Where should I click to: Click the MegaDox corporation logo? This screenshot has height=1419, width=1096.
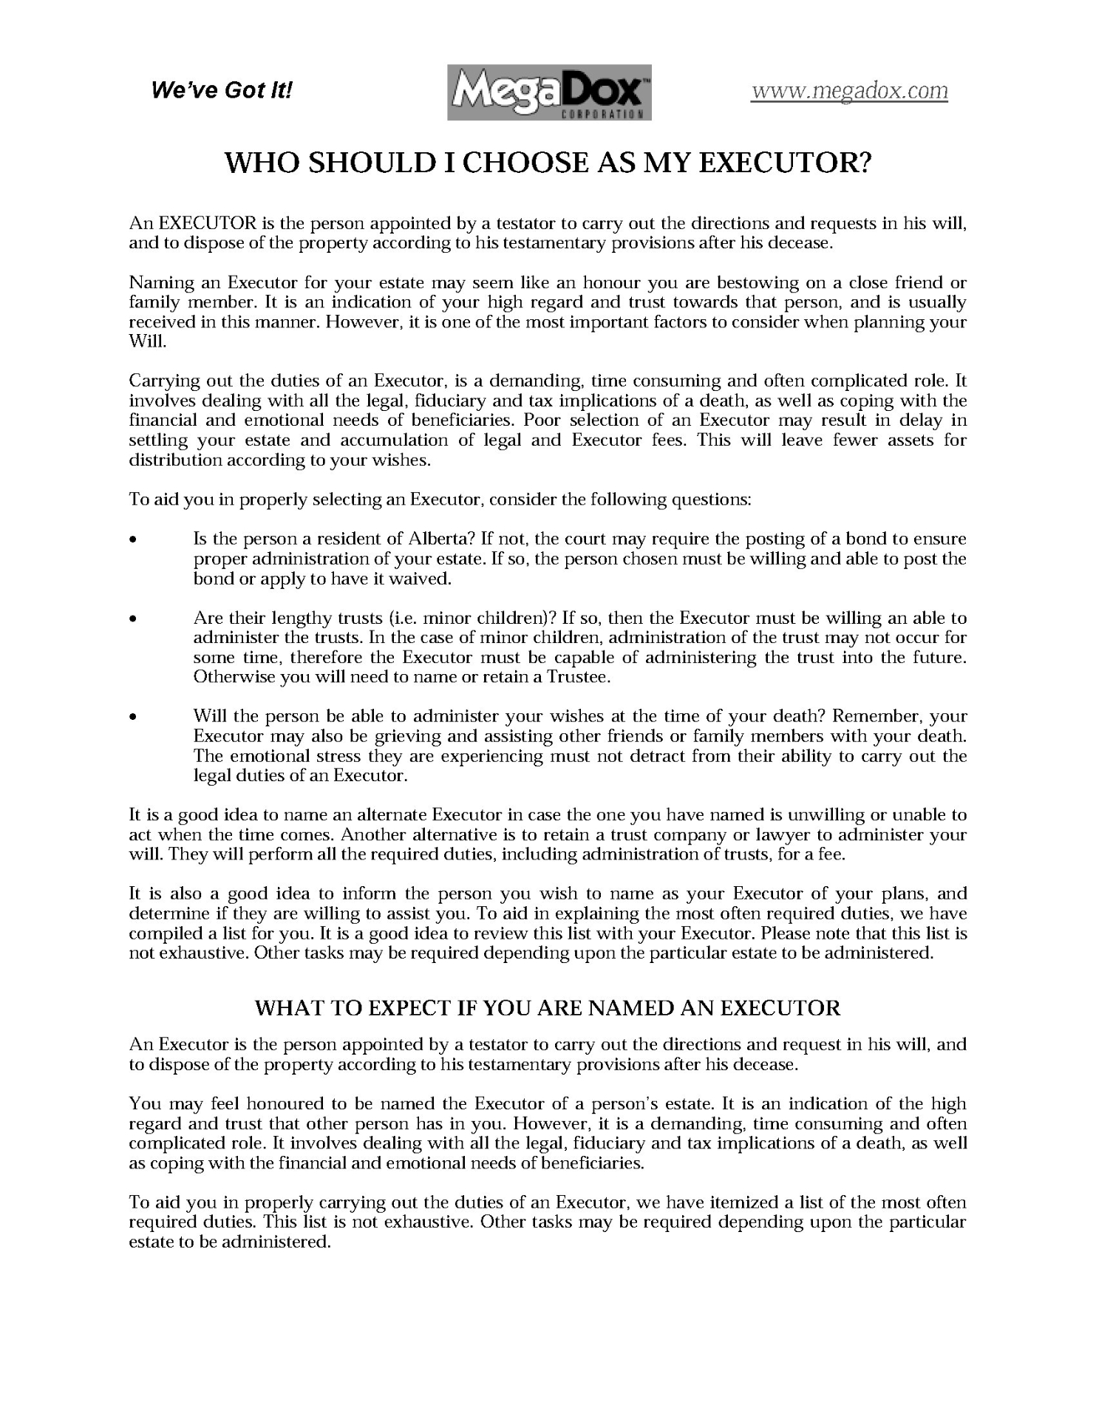pos(548,92)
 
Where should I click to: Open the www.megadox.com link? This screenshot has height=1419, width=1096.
pos(849,90)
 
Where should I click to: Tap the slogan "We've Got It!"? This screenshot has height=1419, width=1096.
pos(222,91)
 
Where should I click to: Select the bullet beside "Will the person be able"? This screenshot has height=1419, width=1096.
pos(132,717)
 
